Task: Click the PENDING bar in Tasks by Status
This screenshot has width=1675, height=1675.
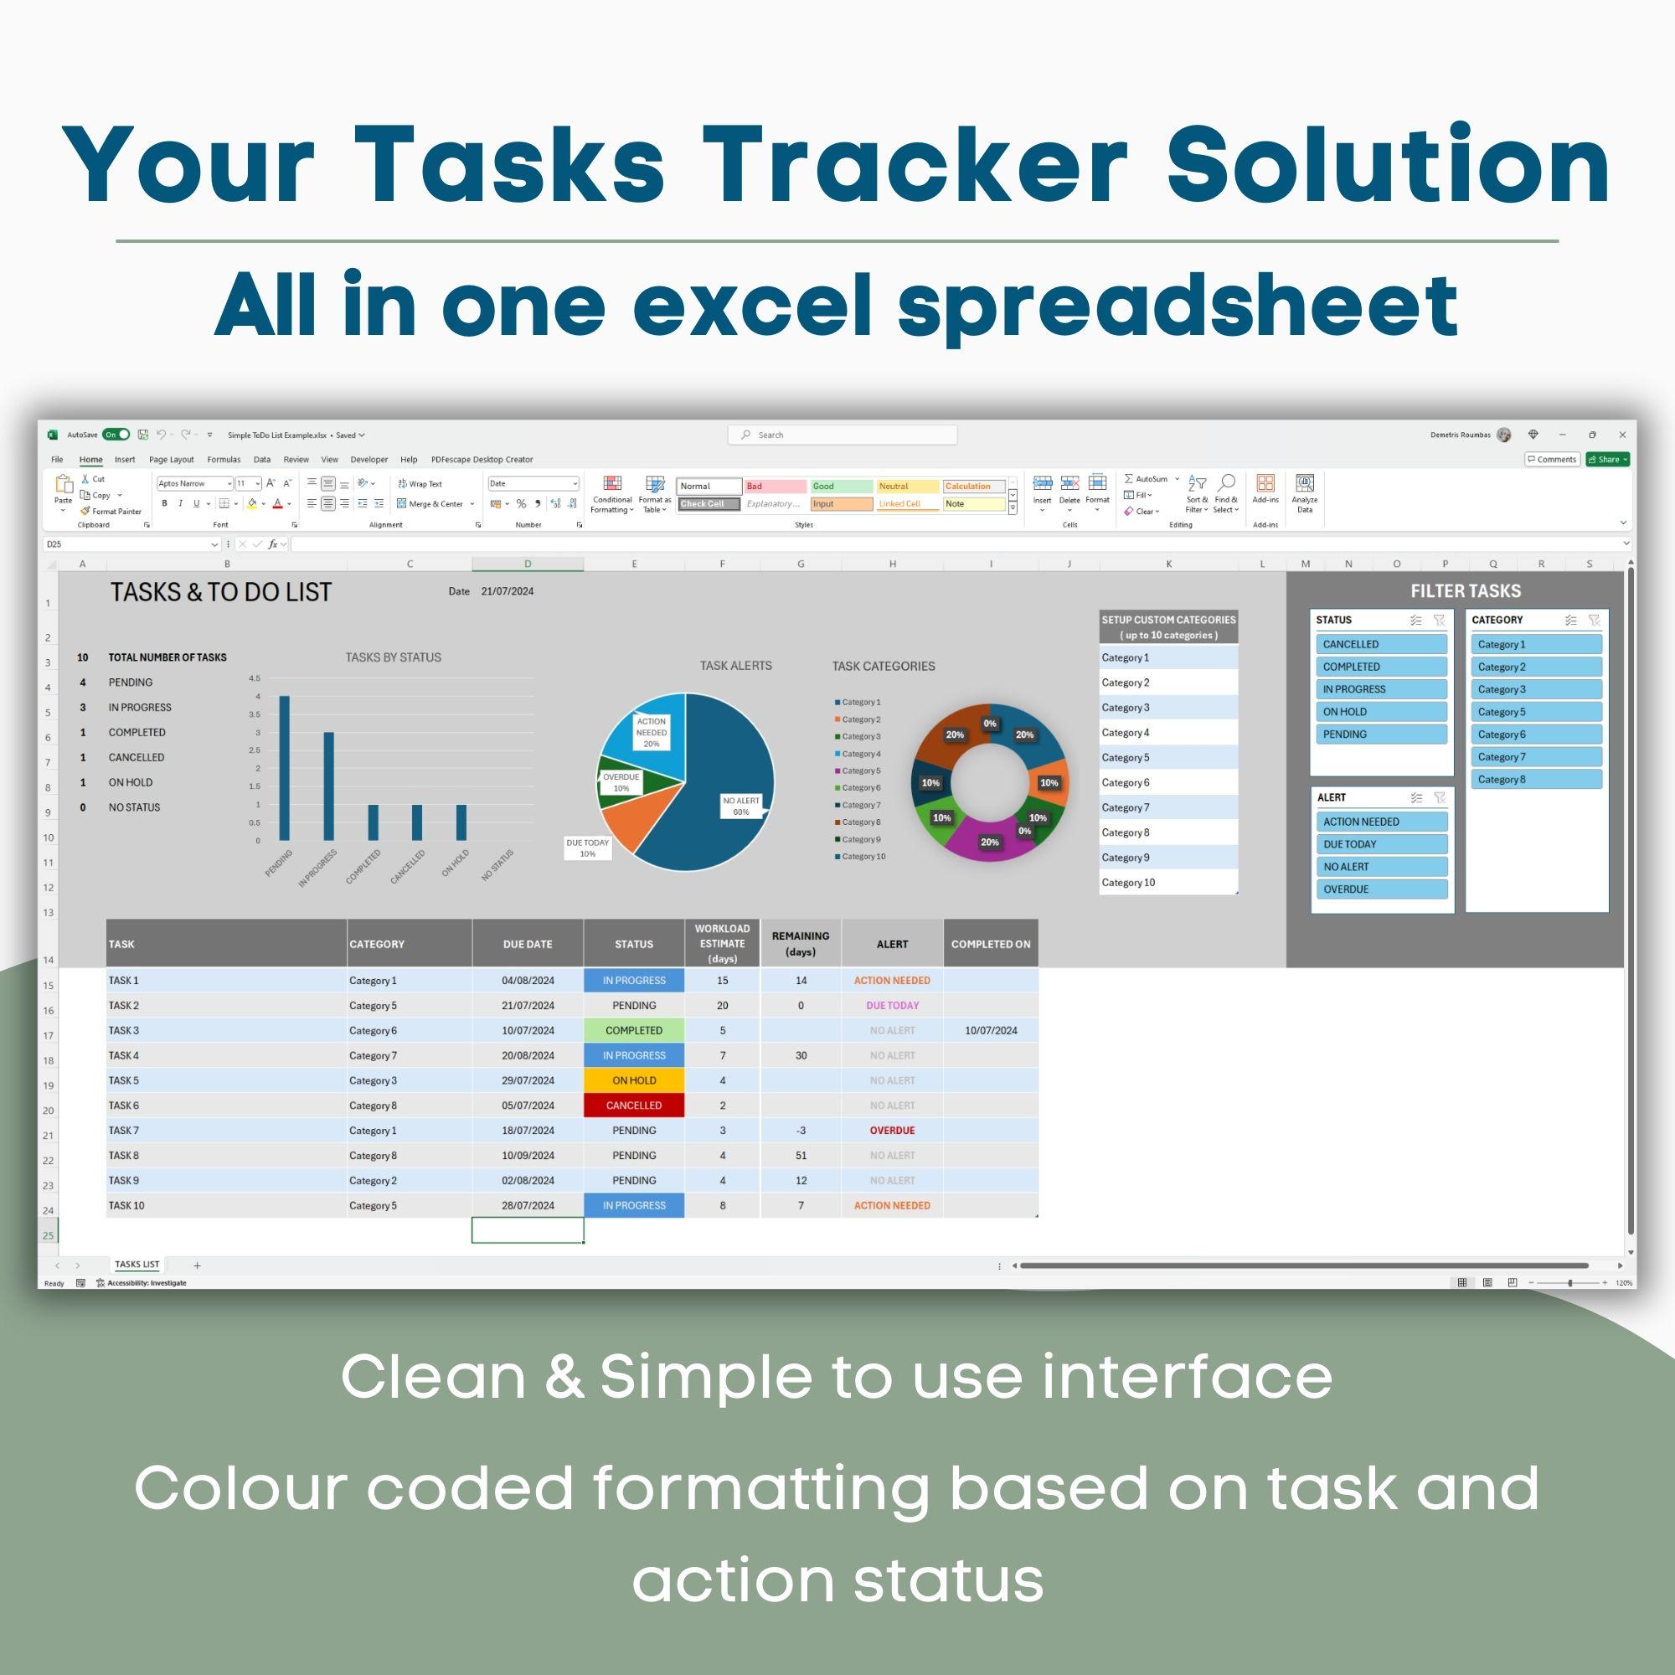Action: click(285, 768)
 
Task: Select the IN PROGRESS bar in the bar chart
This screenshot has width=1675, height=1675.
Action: click(328, 786)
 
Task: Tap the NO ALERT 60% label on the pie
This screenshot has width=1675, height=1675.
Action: click(741, 807)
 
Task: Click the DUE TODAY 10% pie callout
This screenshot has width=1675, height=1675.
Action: click(588, 848)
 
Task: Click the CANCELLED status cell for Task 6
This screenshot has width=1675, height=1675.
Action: click(634, 1105)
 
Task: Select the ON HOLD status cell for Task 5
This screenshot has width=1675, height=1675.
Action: click(634, 1080)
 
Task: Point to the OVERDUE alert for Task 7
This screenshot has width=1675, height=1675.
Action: click(892, 1131)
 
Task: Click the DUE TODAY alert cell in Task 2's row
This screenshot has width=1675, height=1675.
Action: click(892, 1006)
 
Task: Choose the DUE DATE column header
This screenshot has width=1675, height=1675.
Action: click(527, 944)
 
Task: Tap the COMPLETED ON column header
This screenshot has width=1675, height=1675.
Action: click(990, 944)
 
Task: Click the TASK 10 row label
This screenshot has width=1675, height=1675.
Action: click(126, 1205)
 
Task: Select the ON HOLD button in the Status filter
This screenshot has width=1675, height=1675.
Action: click(1380, 712)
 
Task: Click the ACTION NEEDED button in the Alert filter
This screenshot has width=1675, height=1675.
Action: click(1380, 822)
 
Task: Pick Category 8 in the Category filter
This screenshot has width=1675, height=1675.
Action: click(1535, 780)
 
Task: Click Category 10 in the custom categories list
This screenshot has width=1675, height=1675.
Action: click(1129, 883)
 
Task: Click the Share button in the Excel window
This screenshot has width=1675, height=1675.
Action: click(1607, 460)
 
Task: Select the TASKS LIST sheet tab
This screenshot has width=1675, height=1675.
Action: click(137, 1265)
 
